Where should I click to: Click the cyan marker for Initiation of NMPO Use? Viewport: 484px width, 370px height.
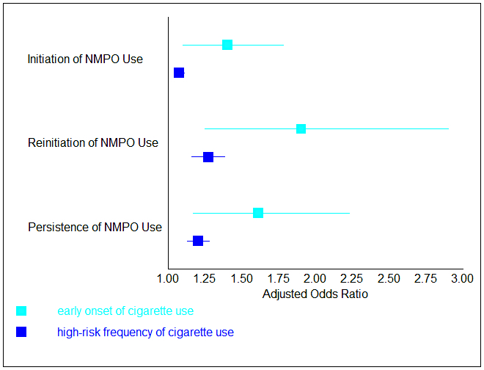tap(227, 45)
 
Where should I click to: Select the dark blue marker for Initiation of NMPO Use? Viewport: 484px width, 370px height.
tap(179, 73)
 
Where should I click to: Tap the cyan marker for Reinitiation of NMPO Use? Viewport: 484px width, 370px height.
tap(301, 129)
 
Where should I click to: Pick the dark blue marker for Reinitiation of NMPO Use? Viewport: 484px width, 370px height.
tap(208, 157)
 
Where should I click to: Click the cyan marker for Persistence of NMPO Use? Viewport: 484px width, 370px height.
tap(258, 213)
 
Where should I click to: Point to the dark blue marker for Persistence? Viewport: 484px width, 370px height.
tap(198, 241)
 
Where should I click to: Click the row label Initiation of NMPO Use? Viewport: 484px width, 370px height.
tap(85, 59)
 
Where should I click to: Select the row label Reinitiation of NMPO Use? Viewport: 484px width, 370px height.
tap(93, 143)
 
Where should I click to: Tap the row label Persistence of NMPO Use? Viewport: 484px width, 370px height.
tap(95, 227)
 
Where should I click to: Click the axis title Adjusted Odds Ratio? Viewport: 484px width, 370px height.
tap(315, 294)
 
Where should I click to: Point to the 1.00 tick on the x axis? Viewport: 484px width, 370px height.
tap(168, 280)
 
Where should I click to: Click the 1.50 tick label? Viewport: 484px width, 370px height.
tap(241, 280)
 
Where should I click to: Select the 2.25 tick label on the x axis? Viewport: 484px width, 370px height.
tap(352, 280)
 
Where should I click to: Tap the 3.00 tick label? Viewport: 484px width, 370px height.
tap(462, 280)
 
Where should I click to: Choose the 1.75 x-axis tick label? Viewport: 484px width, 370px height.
tap(278, 280)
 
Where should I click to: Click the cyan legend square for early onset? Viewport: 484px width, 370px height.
tap(21, 311)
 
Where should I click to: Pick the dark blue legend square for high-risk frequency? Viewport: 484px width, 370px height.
tap(21, 332)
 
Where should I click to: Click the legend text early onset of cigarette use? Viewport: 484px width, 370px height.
tap(125, 311)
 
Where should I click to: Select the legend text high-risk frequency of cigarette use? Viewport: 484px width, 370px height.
tap(145, 333)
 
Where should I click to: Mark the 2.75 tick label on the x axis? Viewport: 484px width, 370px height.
tap(425, 280)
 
